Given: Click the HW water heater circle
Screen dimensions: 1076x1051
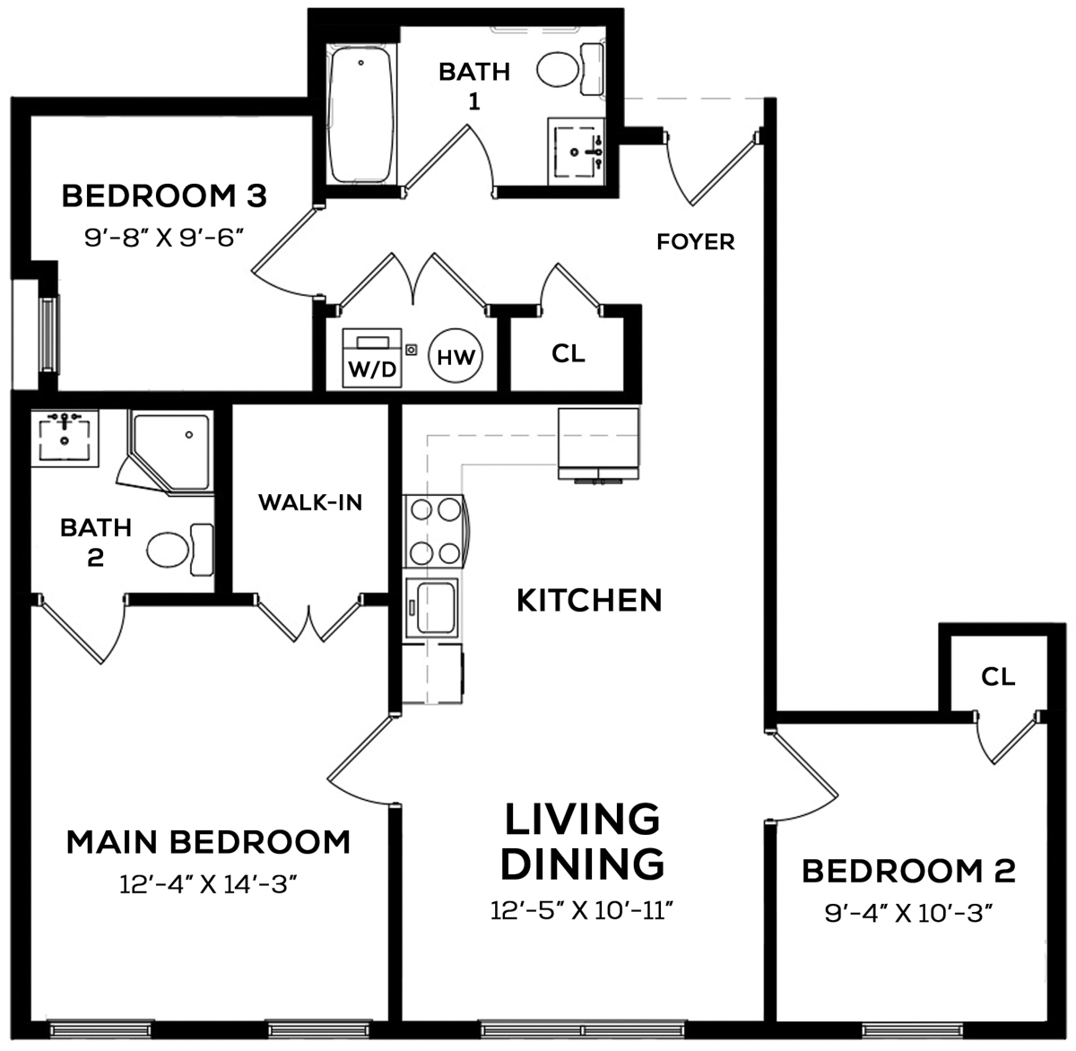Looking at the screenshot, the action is (456, 355).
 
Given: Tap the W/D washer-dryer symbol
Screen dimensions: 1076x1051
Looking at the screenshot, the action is (371, 358).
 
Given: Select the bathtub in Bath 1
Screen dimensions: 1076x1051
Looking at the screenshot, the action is (361, 115).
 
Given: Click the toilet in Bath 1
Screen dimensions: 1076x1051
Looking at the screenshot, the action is (569, 69).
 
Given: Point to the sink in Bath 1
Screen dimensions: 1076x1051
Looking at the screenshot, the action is (577, 151).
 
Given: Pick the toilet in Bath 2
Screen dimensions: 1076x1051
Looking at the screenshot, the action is (179, 549).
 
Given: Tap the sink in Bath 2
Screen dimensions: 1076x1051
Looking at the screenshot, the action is (65, 438).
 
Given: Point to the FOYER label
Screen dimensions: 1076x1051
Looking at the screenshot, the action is (695, 242).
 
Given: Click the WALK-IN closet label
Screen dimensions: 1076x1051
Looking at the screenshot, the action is (310, 502).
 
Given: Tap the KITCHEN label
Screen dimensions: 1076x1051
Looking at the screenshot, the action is (589, 601).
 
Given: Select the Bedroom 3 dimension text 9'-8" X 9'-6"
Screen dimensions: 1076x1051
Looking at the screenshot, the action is (164, 239).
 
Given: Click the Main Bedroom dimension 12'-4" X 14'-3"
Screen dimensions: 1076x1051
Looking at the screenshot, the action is (208, 884).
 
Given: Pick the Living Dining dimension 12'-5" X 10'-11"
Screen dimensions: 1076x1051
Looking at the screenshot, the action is (582, 910).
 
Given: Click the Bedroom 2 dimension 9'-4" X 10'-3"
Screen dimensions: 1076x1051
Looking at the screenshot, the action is (908, 913).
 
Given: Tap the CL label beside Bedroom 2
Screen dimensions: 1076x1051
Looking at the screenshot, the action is (998, 677).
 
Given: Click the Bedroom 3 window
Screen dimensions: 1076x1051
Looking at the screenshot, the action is (48, 334).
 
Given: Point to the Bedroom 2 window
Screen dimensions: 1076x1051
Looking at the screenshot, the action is (913, 1029).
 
